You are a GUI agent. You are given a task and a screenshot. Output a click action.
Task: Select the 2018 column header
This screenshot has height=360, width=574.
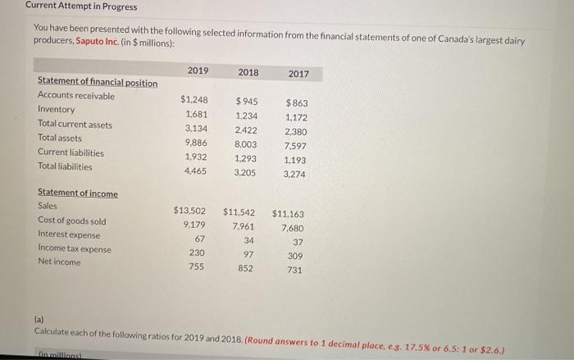coord(248,72)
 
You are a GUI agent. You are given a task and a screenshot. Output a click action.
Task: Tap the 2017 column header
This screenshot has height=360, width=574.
coord(298,75)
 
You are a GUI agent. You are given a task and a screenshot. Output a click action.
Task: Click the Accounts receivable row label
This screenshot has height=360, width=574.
coord(76,95)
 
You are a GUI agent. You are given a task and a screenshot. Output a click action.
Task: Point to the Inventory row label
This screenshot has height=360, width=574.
coord(56,109)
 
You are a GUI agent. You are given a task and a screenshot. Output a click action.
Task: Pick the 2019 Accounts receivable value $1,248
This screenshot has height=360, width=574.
coord(194,100)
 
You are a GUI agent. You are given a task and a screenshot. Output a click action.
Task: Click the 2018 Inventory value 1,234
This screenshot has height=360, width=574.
coord(245,116)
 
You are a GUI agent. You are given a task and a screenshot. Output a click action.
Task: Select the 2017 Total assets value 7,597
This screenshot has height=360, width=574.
coord(295,146)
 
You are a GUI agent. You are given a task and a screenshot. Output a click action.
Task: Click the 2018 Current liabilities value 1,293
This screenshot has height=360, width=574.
coord(245,158)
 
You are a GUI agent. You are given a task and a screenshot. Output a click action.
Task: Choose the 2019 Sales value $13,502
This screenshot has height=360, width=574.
coord(192,210)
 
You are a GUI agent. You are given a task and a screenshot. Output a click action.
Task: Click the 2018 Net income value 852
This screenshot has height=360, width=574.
coord(245,268)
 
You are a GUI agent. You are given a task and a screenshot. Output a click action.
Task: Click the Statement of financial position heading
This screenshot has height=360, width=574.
coord(98,82)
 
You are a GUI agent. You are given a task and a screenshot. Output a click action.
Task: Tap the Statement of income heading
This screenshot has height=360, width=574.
coord(78,194)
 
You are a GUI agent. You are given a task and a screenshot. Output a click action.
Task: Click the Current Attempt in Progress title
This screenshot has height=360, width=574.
coord(70,7)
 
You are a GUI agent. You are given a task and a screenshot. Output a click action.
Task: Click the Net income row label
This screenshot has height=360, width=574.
coord(59,262)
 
